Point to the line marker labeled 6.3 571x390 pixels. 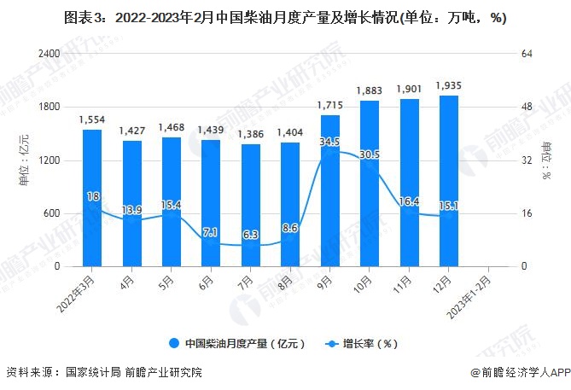[x=250, y=245]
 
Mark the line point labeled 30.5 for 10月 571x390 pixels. [x=369, y=165]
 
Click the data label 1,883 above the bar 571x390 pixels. [x=369, y=91]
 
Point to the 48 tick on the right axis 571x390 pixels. [x=527, y=107]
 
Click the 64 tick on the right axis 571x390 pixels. [x=527, y=54]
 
